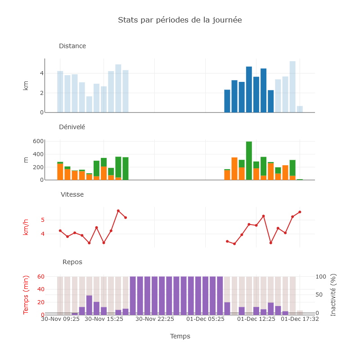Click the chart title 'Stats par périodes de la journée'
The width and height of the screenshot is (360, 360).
tap(180, 20)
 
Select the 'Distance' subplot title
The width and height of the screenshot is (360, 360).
tap(72, 46)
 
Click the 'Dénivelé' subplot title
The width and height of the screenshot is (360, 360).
tap(72, 127)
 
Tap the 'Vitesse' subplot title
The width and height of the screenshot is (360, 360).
tap(72, 194)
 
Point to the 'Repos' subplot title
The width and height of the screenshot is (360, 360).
tap(72, 262)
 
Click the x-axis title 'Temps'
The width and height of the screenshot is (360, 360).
tap(180, 336)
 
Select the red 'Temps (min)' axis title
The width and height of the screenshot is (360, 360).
tap(26, 295)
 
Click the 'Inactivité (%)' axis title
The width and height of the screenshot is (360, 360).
tap(333, 295)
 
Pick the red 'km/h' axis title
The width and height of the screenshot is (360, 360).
tap(26, 226)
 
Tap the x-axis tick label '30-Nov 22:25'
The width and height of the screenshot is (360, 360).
tap(155, 319)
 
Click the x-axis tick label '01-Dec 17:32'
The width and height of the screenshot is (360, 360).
tap(300, 319)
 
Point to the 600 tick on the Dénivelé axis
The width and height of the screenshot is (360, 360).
tap(38, 141)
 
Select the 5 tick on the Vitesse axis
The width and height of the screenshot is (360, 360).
tap(42, 220)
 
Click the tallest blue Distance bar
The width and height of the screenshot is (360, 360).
tap(292, 88)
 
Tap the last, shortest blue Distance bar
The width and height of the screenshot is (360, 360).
tap(300, 109)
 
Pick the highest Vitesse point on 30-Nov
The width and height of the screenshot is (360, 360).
tap(118, 211)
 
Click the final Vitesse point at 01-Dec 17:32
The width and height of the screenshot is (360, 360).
tap(300, 211)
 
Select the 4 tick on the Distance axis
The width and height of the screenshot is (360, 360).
tap(41, 73)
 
